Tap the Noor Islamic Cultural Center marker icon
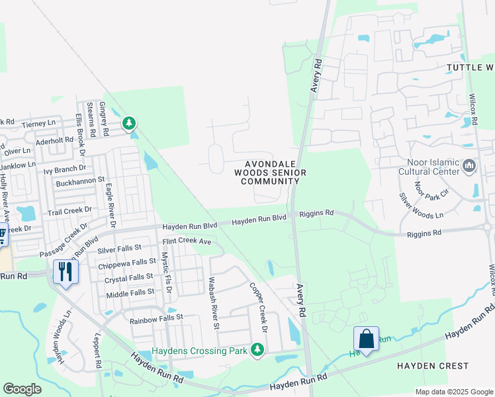(x=470, y=165)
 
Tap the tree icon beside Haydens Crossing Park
(x=257, y=350)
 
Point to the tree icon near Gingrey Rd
(x=128, y=123)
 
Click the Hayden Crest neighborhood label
(x=432, y=365)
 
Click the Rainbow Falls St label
(x=156, y=318)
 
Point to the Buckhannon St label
(x=81, y=179)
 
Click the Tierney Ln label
(x=38, y=124)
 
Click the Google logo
(x=22, y=389)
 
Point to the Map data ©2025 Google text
(x=453, y=392)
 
